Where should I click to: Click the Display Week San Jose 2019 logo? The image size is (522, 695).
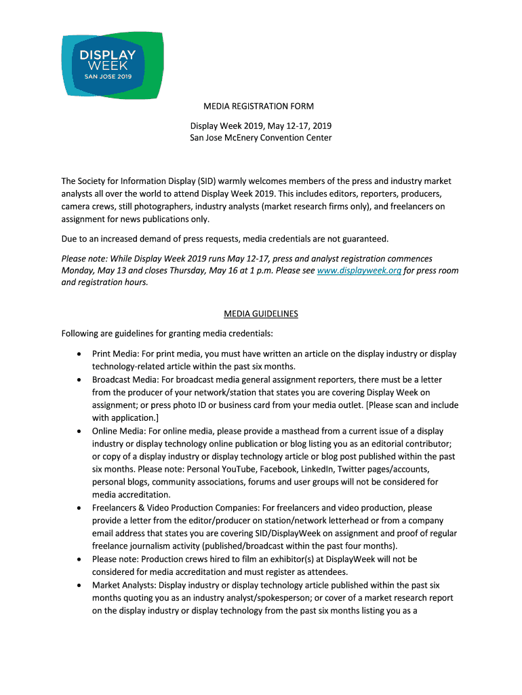pyautogui.click(x=112, y=65)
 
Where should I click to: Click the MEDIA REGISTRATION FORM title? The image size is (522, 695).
pyautogui.click(x=260, y=107)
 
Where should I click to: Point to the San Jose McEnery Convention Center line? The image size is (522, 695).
pyautogui.click(x=260, y=138)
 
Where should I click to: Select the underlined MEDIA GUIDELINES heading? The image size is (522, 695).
pyautogui.click(x=260, y=314)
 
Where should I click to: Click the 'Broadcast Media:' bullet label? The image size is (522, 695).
pyautogui.click(x=125, y=379)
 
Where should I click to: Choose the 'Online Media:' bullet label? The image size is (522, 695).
pyautogui.click(x=118, y=431)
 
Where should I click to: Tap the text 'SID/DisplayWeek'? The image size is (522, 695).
pyautogui.click(x=275, y=533)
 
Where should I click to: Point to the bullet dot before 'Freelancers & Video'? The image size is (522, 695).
pyautogui.click(x=81, y=508)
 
